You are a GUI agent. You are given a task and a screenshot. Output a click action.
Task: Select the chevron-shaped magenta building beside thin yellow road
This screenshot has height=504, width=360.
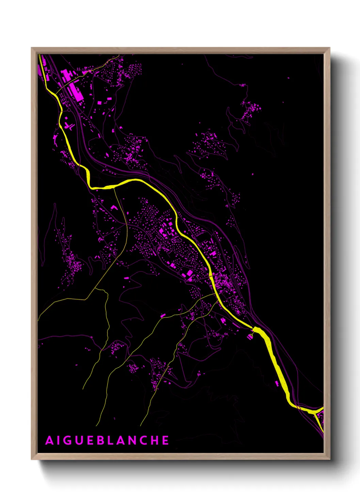[114, 207]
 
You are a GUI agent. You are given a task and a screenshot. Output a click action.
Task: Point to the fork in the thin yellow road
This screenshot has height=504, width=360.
[96, 289]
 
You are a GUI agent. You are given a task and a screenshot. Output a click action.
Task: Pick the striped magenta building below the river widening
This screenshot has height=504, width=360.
[251, 336]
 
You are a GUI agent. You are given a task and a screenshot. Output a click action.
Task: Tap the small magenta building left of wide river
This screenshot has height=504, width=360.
[277, 383]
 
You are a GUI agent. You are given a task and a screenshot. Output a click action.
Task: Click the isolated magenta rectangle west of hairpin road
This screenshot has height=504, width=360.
[127, 278]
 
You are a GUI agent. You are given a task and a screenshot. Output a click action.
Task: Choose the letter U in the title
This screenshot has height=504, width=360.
[83, 440]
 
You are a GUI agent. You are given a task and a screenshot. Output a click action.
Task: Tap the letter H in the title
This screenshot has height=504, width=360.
[165, 440]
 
